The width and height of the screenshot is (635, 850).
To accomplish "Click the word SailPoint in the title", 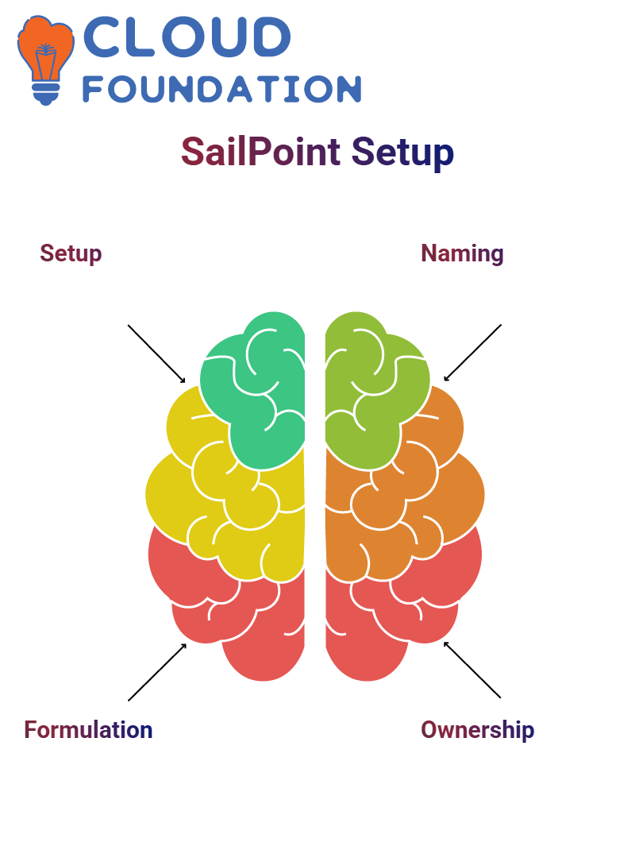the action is point(260,152).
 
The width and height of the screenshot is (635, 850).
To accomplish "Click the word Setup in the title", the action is point(402,153).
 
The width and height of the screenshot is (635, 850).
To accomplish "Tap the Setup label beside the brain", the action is point(71,253).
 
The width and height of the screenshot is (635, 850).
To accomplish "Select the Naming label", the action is point(462,253).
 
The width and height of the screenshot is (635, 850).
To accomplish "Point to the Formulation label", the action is point(88,730).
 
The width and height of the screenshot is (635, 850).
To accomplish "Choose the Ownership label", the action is point(477,730).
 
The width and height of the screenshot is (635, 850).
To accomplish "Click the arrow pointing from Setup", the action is point(156,354).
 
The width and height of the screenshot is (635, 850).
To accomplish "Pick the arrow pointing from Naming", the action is point(472,353).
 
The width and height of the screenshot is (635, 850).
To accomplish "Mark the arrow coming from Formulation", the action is point(157,672).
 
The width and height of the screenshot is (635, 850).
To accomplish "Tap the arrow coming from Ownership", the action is point(472,670).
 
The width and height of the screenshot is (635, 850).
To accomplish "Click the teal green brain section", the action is point(255,390).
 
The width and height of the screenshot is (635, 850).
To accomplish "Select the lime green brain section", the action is point(375,390).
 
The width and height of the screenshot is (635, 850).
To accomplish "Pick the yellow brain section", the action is point(228,504).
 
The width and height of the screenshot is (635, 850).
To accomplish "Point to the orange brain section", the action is point(404,504).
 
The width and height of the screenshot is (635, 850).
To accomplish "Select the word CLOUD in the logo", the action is point(187,37).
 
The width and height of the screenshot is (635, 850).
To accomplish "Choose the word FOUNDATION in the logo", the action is point(221,90).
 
